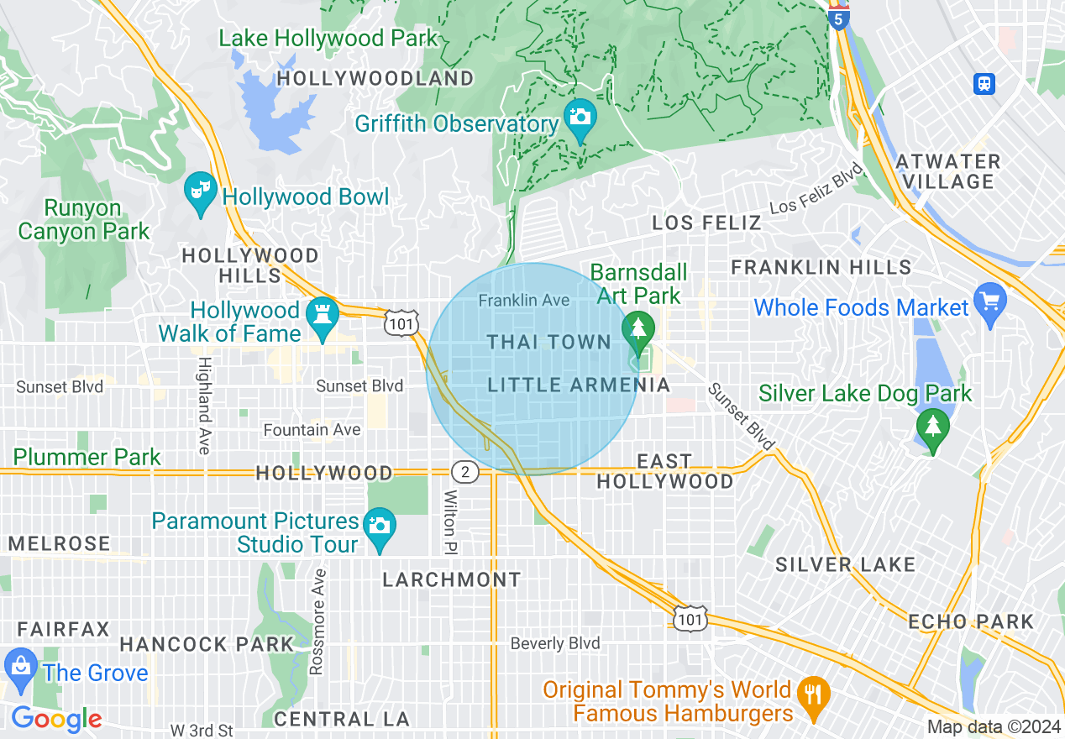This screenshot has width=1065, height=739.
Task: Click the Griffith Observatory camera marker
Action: pos(580,116)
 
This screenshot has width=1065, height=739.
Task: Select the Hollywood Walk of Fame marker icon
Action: pos(323,316)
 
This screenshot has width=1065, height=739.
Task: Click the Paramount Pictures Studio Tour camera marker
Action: pos(380,527)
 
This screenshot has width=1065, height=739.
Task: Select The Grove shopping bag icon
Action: pos(20,667)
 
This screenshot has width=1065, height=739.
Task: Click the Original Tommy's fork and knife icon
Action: pos(813,694)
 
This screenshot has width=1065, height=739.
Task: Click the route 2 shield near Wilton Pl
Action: pos(464,472)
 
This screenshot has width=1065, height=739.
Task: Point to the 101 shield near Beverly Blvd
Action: pos(690,618)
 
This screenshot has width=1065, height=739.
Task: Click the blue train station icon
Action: pos(984,83)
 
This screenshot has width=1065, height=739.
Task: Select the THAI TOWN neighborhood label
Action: pos(549,342)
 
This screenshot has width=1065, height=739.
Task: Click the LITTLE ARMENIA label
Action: pos(579,385)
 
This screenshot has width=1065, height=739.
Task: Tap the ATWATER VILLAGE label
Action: pos(948,171)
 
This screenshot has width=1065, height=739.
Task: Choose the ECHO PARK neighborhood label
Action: pos(971,621)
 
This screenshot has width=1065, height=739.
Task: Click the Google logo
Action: pos(56,719)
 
